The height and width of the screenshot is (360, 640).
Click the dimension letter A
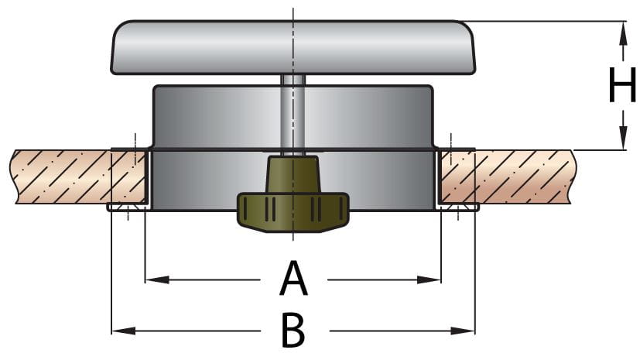tap(293, 279)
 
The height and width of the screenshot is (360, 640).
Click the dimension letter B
tap(293, 331)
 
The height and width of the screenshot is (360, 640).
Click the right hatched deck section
tap(511, 176)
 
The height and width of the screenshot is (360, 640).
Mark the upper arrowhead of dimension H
tap(623, 29)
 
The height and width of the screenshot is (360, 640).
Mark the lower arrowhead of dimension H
tap(623, 142)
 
